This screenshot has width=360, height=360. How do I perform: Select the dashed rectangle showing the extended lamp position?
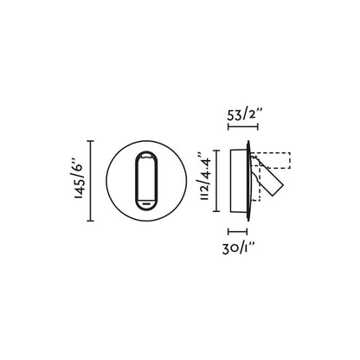275,160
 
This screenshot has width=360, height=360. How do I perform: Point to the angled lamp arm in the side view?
269,182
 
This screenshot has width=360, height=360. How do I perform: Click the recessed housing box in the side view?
236,179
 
